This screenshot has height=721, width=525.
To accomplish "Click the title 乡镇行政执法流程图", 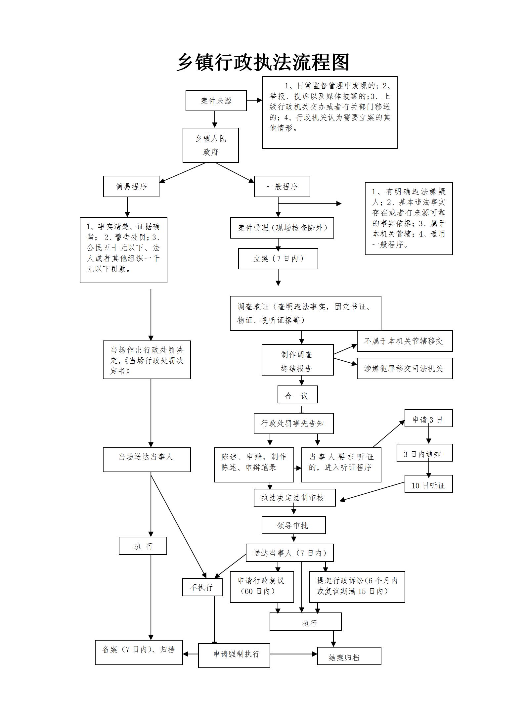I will coord(263,62).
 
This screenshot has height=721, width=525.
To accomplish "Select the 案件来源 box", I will coord(216,101).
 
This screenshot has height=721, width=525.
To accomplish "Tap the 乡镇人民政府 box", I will coord(211,145).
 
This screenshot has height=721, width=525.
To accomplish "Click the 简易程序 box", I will coord(131,187).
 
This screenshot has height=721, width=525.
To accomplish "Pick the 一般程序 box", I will coord(282,187).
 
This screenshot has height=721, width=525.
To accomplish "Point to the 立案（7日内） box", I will coord(278,259).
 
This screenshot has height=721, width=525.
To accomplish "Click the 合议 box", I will coord(297,394).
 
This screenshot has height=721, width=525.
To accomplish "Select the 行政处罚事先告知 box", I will coord(293,423).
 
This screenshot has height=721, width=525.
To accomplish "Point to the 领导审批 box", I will coord(293,525).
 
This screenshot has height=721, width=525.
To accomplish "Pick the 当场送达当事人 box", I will coord(147,460).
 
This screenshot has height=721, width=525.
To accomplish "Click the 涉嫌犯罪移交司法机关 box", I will coord(405,368).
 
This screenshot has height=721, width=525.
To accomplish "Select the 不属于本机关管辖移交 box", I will coord(405,341).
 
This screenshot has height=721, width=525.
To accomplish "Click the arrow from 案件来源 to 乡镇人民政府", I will coord(215,119).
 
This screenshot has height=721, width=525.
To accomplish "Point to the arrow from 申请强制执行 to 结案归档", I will coord(293,654).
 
